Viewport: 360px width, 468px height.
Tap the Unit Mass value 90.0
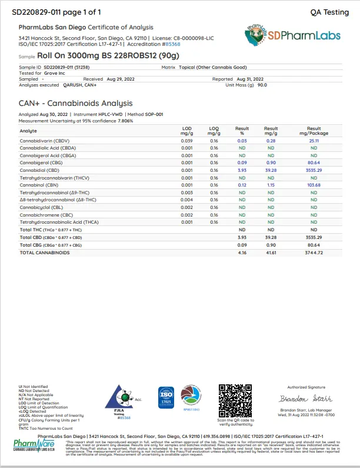[262, 85]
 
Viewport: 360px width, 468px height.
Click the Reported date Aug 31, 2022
[250, 79]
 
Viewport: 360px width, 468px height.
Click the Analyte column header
[29, 130]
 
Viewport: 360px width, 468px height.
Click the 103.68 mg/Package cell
[314, 185]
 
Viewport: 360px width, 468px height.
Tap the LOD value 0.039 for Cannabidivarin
[187, 141]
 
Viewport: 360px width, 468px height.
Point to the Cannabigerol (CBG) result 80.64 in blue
[314, 162]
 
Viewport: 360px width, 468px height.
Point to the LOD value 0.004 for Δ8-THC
[187, 200]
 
